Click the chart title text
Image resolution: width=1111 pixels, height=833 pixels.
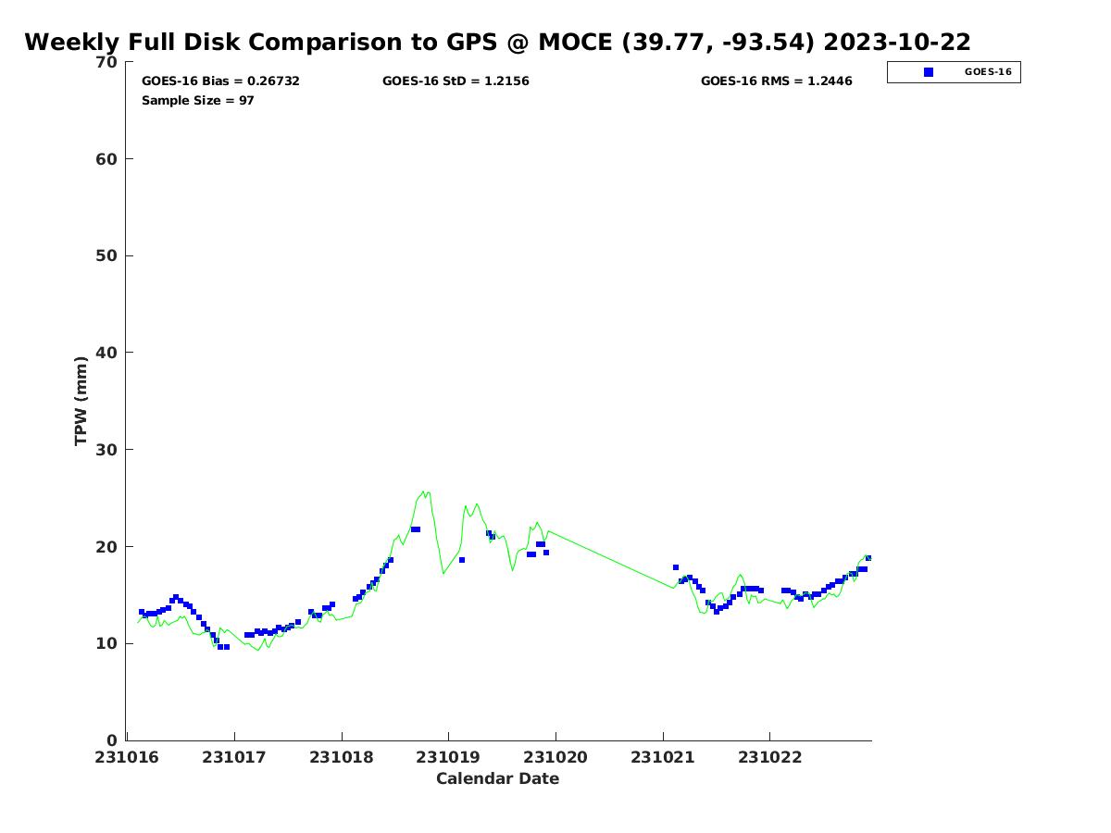coord(497,42)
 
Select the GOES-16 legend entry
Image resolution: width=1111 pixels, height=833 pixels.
coord(954,72)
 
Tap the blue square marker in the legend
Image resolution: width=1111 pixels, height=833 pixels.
coord(929,72)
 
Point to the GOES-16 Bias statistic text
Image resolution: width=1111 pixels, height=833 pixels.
coord(220,81)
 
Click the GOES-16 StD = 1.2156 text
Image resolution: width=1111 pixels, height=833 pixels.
coord(456,81)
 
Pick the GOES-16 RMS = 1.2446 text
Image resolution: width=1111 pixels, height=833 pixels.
coord(776,81)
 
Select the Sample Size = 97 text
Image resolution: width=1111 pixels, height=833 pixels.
coord(197,100)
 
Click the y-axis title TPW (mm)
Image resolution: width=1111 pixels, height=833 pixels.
coord(81,401)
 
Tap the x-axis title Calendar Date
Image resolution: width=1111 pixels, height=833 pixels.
coord(497,778)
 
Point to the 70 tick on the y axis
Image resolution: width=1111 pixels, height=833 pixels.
coord(107,62)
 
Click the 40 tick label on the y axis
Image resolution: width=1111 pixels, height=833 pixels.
coord(107,353)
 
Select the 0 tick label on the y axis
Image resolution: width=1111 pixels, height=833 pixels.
coord(113,740)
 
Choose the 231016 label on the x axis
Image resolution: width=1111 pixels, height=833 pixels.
coord(127,757)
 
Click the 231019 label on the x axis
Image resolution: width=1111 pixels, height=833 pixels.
coord(448,757)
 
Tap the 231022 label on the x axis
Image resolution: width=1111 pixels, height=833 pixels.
coord(769,757)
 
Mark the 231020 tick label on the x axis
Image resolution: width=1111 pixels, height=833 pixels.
coord(555,757)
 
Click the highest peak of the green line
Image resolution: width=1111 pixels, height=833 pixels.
coord(423,491)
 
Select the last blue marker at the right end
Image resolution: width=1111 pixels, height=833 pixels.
coord(868,558)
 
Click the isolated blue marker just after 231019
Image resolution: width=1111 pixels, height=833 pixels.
coord(461,560)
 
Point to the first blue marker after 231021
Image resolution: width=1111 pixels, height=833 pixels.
coord(676,567)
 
